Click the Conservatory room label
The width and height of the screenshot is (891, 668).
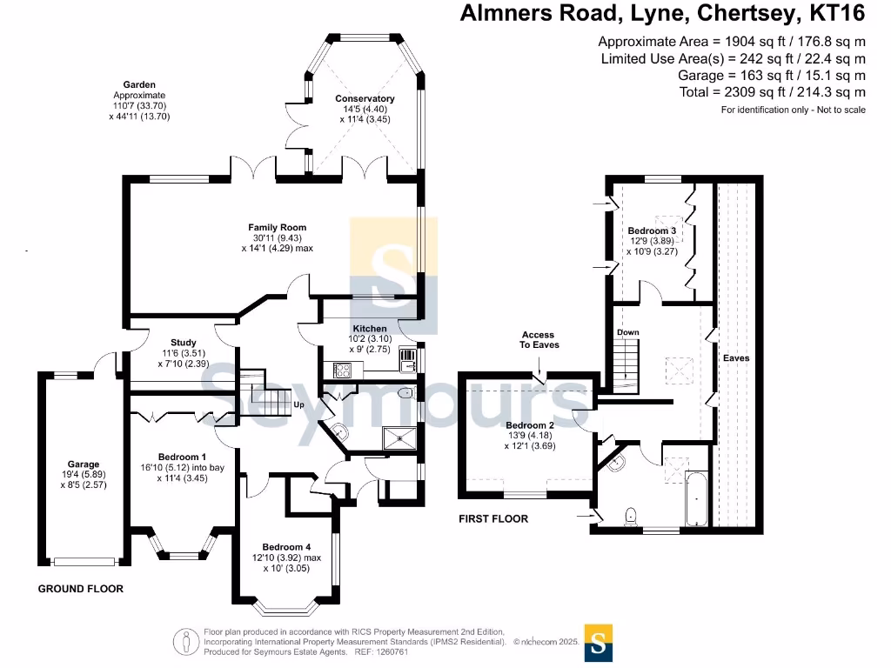pos(365,99)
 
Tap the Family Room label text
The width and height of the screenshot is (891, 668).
pos(277,228)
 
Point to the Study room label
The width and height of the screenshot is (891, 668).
pos(183,343)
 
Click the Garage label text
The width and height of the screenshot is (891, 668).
pos(84,464)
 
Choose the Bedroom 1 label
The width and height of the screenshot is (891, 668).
pos(182,457)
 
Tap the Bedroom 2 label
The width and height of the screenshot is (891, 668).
pos(530,426)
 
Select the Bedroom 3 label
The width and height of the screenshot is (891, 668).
pos(652,230)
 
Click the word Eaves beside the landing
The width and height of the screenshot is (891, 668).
pos(735,357)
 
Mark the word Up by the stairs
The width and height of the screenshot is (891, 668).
pos(298,405)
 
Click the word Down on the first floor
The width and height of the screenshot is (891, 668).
pos(627,333)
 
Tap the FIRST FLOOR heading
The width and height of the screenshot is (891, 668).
pos(493,519)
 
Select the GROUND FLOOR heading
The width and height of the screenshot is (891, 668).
pos(80,589)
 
